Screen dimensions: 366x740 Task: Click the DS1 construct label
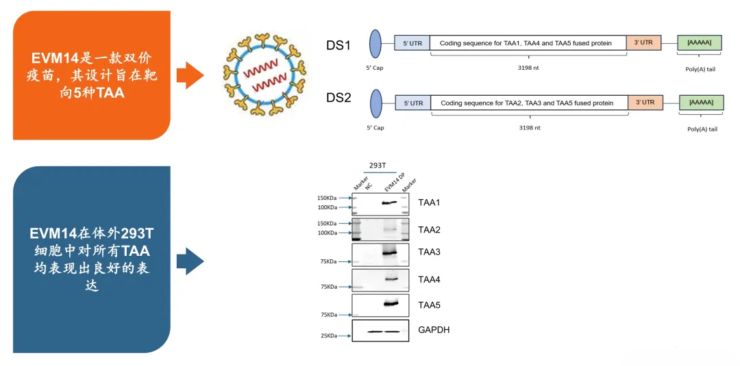coord(338,45)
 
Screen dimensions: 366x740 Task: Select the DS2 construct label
coord(338,98)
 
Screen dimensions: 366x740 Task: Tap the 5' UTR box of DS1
coord(412,44)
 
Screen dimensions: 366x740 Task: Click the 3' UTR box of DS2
coord(645,103)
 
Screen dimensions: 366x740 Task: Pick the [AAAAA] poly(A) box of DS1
coord(699,44)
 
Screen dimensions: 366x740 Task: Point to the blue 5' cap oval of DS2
coord(375,104)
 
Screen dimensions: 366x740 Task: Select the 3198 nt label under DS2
coord(528,127)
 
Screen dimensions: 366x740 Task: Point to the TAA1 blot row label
coord(430,202)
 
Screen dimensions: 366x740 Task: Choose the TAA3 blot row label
coord(430,252)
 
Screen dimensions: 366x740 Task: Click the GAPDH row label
coord(434,330)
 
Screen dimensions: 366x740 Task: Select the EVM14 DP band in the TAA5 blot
coord(391,304)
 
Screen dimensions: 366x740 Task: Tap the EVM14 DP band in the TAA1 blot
coord(390,202)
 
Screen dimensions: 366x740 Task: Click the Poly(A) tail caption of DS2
coord(702,129)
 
